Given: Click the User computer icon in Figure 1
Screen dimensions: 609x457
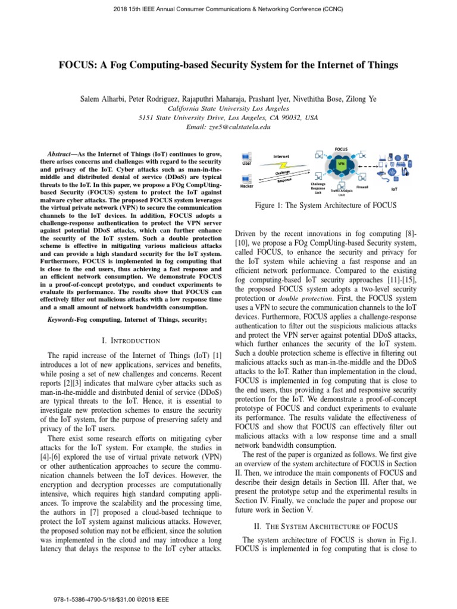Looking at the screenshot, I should click(x=246, y=158).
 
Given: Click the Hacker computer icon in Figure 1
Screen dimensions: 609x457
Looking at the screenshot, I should click(x=246, y=178).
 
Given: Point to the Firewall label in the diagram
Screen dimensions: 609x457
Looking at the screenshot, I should click(x=362, y=187).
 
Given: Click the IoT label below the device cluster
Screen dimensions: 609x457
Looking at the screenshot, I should click(x=394, y=189).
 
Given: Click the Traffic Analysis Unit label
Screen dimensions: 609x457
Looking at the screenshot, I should click(x=342, y=191).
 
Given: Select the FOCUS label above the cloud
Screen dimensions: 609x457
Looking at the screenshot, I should click(x=342, y=149).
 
